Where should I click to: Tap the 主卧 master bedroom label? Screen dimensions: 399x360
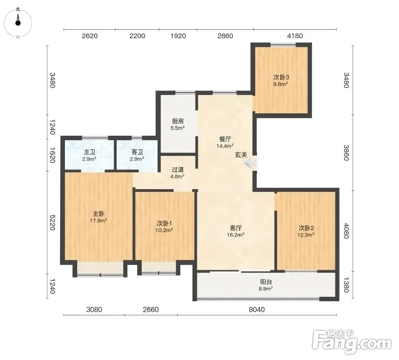point(98,214)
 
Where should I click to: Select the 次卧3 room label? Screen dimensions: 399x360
point(281,77)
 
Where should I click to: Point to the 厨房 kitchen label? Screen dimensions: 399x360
point(178,121)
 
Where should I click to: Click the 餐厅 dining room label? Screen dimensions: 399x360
point(225,139)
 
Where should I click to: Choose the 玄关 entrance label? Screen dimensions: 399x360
point(241,155)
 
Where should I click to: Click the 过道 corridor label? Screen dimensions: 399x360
point(178,169)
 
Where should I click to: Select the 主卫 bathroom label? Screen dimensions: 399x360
point(89,152)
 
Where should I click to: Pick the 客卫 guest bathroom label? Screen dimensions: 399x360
point(137,152)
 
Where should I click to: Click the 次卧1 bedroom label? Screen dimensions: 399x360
point(164,223)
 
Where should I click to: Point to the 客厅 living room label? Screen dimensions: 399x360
point(235,228)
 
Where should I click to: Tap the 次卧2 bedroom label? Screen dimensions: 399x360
point(306,228)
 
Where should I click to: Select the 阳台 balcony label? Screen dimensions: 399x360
point(266,282)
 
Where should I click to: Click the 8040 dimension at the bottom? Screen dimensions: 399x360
point(257,309)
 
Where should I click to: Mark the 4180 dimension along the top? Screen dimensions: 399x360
point(295,36)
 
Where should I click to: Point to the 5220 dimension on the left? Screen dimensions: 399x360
point(52,222)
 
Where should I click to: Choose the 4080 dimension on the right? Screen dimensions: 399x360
point(346,231)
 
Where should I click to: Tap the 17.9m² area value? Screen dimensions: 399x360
point(98,220)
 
